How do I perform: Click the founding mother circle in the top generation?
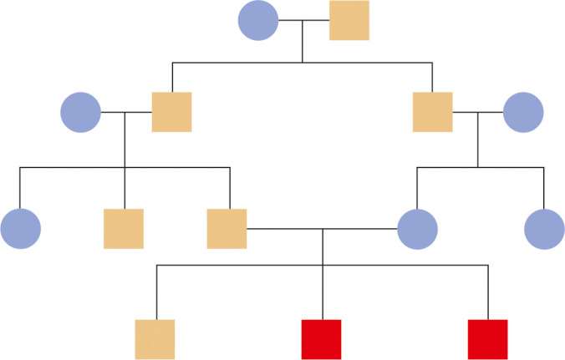(258, 21)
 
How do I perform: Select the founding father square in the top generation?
(349, 21)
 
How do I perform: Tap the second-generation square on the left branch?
(171, 112)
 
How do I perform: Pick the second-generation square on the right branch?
(433, 112)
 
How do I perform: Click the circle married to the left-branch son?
(81, 112)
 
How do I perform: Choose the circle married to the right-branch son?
(523, 112)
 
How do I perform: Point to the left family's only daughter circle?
(21, 229)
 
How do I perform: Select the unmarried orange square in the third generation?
(124, 229)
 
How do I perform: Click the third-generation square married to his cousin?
(227, 229)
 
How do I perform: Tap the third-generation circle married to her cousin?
(418, 229)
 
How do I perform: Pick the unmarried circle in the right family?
(545, 229)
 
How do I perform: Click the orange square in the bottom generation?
(155, 339)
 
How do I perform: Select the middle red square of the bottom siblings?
(321, 339)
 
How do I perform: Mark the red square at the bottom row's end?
(488, 339)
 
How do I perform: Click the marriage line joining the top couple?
(303, 21)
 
